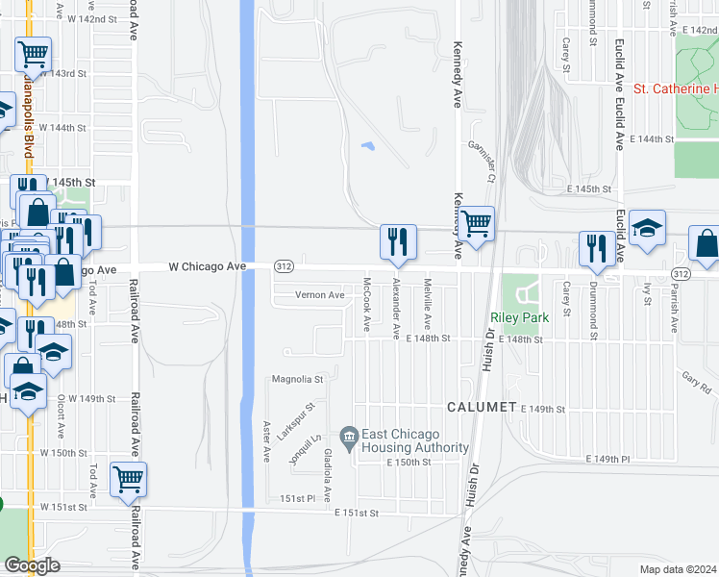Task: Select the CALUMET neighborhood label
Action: point(481,407)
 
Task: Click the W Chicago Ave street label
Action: point(207,265)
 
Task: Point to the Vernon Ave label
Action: point(319,295)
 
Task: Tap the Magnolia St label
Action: point(299,379)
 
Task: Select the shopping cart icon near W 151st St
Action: point(128,479)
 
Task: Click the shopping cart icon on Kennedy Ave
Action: point(476,224)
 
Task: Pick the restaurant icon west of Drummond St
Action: point(597,249)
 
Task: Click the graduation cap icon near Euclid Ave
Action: point(648,228)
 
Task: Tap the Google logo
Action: point(32,565)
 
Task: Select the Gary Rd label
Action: point(697,379)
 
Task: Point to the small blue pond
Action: point(366,147)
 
